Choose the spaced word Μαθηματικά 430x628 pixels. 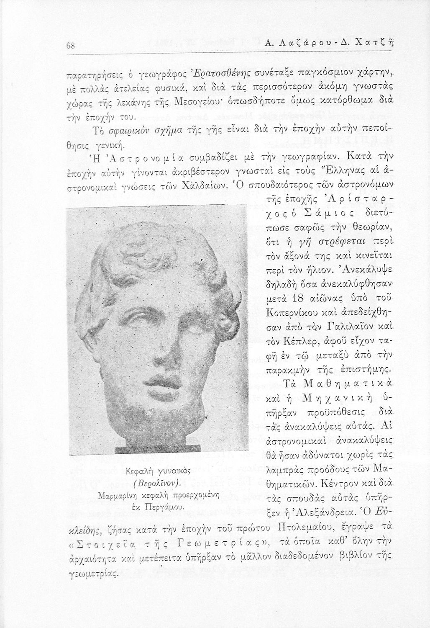[x=343, y=384]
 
